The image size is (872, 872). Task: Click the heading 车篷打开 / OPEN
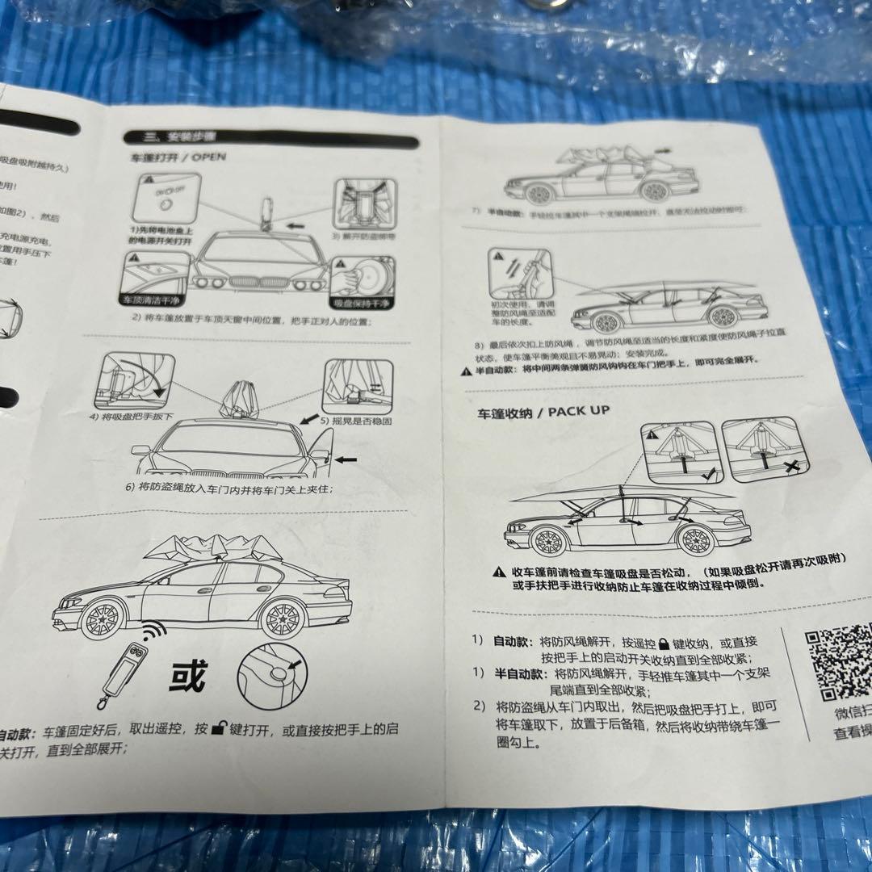(178, 157)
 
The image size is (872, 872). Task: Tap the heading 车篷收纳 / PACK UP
(542, 412)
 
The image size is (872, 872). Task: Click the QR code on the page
(841, 661)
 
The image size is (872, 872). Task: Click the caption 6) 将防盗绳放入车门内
(228, 488)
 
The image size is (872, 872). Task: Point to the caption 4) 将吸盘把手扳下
(133, 417)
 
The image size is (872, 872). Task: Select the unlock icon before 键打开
(219, 729)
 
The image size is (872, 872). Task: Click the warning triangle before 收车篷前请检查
(500, 572)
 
